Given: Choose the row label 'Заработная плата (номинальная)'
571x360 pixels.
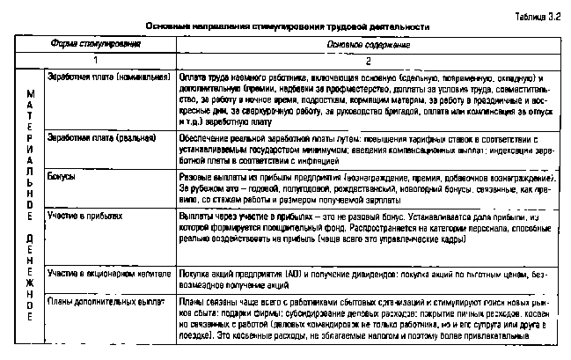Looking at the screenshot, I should (107, 76).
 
